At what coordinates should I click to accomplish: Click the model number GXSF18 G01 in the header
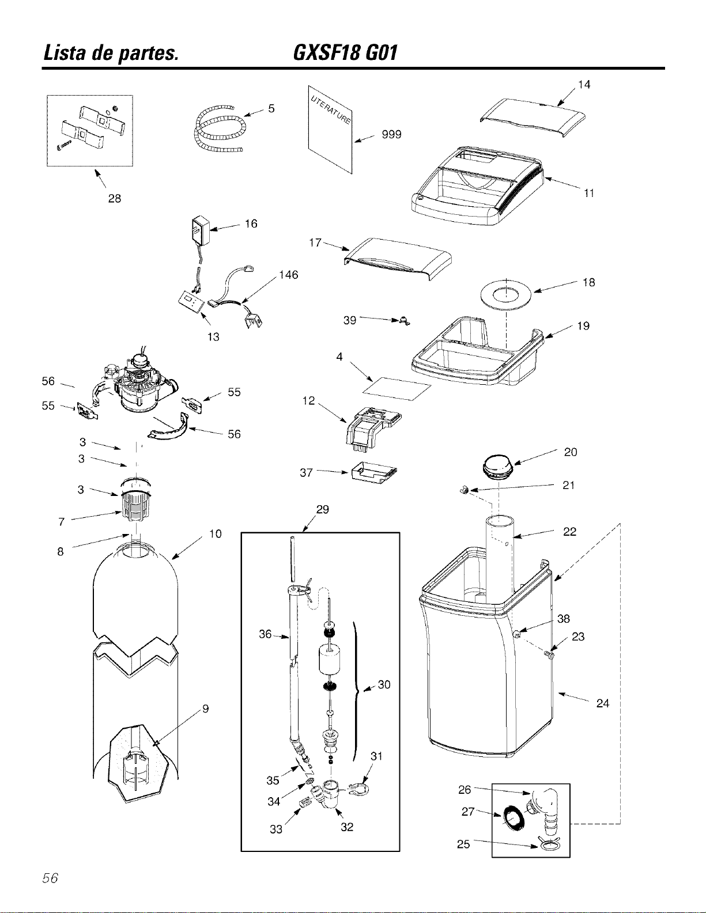click(345, 54)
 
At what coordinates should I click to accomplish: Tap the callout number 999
click(391, 134)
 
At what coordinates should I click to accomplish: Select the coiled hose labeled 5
click(218, 130)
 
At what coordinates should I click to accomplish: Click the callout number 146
click(289, 275)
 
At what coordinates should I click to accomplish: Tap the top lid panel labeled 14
click(533, 117)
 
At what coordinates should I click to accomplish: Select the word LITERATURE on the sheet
click(330, 109)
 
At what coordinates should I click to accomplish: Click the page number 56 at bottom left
click(50, 878)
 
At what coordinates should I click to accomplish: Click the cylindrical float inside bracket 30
click(330, 660)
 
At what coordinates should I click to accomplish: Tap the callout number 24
click(603, 703)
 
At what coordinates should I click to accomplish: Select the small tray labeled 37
click(373, 473)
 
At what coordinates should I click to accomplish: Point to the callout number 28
click(115, 198)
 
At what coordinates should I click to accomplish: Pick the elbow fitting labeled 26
click(545, 813)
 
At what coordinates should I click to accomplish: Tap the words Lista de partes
click(111, 54)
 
